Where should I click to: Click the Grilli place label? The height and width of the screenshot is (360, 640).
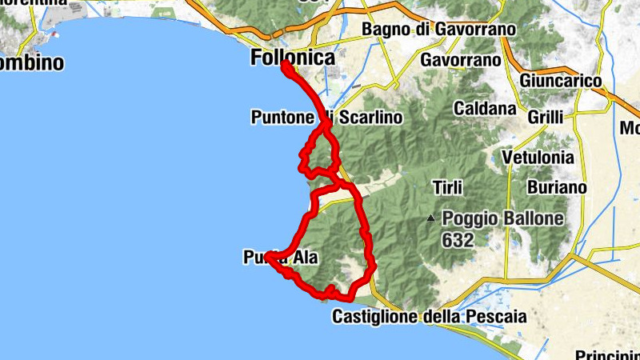click(546, 117)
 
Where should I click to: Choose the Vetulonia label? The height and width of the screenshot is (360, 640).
click(538, 157)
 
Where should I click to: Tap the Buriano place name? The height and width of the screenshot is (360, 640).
click(557, 187)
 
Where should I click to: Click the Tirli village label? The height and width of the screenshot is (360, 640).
click(446, 187)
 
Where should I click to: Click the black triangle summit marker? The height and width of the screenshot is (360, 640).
click(431, 217)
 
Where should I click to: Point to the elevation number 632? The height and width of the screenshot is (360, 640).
click(457, 239)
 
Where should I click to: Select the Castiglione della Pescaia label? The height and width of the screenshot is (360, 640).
click(429, 317)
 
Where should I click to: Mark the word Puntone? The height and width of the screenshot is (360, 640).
click(282, 118)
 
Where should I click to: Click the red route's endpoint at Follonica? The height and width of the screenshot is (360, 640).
click(285, 66)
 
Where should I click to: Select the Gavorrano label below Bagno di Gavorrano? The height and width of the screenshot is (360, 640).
click(460, 60)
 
